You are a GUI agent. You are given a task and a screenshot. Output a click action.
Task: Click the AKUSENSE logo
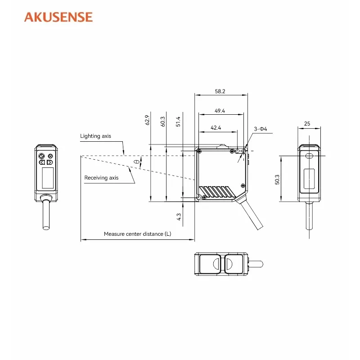[x=58, y=17]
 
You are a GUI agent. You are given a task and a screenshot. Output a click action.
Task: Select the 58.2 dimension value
[x=220, y=91]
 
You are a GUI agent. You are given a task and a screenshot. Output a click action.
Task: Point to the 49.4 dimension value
[x=220, y=111]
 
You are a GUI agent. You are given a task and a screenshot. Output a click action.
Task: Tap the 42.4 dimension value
[x=216, y=128]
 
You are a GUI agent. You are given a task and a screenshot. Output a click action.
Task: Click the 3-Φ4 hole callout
[x=261, y=129]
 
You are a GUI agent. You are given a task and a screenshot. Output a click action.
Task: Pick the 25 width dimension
[x=307, y=123]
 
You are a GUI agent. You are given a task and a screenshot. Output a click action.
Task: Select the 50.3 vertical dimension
[x=277, y=180]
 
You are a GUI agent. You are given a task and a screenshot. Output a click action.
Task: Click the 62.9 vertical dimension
[x=147, y=120]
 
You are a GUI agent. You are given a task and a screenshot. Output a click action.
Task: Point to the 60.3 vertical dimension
[x=162, y=121]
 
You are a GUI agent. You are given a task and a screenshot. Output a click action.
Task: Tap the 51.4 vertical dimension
[x=178, y=121]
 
